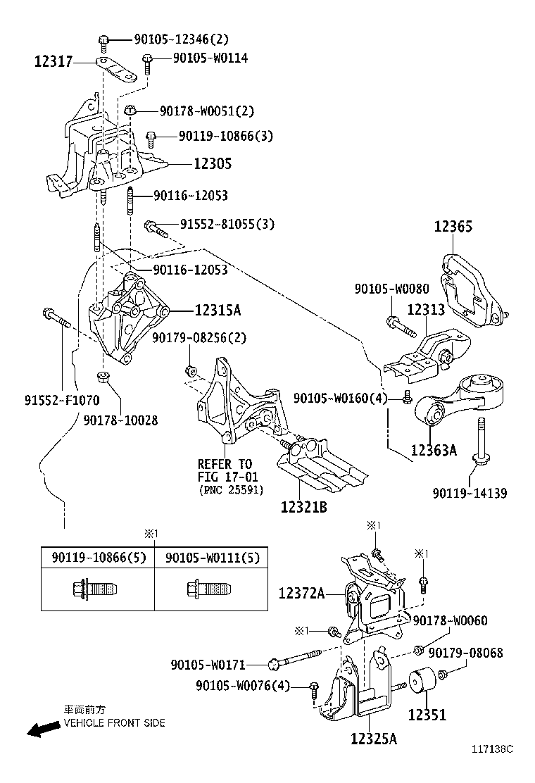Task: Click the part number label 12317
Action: (53, 63)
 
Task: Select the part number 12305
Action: (212, 163)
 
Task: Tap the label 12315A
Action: (218, 310)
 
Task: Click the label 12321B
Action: (303, 506)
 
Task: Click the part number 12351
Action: (427, 715)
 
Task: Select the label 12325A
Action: (374, 739)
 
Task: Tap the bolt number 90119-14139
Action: (471, 493)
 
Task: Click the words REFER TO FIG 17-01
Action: (224, 470)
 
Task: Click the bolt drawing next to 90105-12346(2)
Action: (103, 41)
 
